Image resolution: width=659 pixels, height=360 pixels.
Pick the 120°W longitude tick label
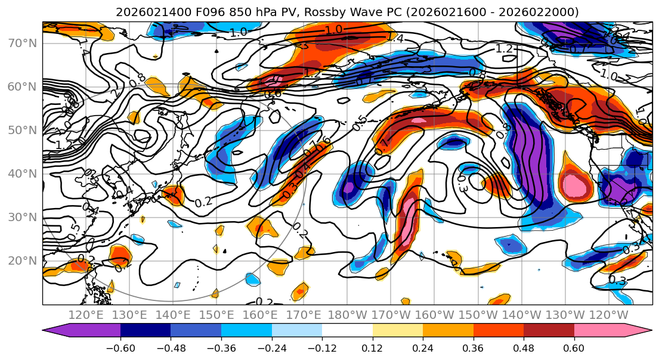(608, 315)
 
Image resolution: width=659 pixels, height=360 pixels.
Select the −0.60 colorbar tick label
(120, 347)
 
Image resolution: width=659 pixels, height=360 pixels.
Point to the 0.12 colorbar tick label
(372, 347)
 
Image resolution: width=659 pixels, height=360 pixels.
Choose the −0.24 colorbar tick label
(271, 347)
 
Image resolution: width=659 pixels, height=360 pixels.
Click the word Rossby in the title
(327, 12)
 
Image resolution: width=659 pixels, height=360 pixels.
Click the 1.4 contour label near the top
(395, 38)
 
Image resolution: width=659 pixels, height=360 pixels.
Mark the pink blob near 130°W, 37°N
(576, 186)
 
